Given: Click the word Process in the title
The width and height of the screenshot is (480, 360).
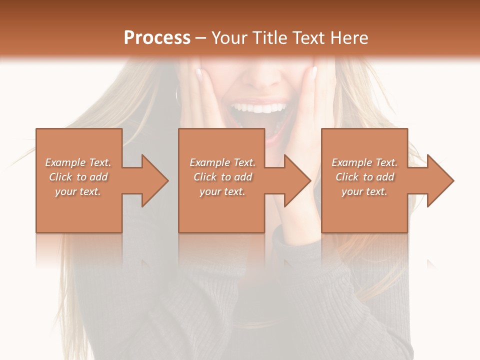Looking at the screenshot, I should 157,38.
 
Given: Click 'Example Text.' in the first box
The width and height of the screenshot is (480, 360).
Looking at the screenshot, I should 78,162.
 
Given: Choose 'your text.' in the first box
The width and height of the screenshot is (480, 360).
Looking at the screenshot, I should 78,191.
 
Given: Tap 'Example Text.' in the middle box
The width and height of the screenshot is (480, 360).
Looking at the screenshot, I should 222,162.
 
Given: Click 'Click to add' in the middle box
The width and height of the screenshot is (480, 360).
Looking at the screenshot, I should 222,177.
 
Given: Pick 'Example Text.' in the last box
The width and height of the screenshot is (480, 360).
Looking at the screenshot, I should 364,162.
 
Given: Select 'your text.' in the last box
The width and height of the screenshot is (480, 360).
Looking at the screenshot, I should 364,191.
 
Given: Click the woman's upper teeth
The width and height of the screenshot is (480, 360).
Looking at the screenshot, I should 259,107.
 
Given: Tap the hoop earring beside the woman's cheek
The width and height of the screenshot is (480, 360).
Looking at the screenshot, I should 178,94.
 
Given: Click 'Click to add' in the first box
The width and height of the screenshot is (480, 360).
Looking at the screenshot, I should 78,177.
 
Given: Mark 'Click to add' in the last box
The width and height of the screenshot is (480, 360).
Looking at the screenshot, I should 364,177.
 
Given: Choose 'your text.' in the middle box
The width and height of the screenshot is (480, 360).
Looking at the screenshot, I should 222,191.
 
